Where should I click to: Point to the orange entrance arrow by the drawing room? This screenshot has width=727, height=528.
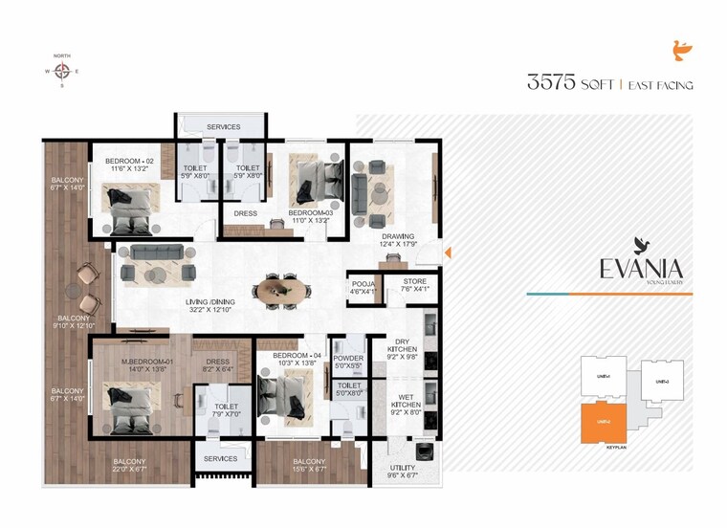point(449,253)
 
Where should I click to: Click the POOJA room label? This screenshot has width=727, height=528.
point(363,283)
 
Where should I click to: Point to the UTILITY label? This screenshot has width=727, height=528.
point(403,469)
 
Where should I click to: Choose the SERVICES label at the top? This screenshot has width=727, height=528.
point(223,126)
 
